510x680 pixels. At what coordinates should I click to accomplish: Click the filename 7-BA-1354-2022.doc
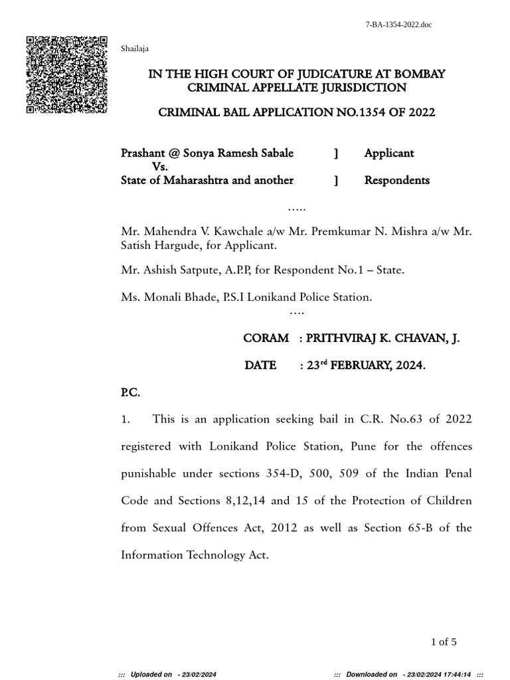click(x=399, y=25)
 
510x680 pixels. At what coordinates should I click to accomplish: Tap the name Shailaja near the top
click(x=135, y=48)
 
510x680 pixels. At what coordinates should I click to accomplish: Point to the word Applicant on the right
click(x=388, y=153)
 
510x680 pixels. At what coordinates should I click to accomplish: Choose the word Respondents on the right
click(x=396, y=180)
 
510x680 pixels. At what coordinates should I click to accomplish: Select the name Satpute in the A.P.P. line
click(x=216, y=270)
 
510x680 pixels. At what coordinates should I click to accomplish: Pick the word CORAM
click(x=266, y=338)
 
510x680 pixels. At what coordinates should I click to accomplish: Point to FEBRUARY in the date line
click(x=363, y=365)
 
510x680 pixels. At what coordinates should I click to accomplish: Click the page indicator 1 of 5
click(x=444, y=641)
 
